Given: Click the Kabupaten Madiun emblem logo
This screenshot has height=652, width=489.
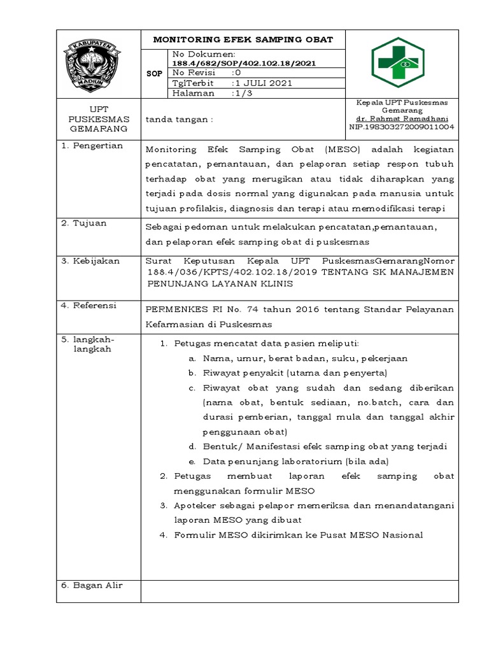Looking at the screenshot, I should click(x=98, y=64).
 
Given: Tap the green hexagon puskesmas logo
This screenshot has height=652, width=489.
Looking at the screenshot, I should click(x=401, y=64).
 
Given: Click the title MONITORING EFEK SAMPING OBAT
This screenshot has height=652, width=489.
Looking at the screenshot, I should click(x=243, y=39).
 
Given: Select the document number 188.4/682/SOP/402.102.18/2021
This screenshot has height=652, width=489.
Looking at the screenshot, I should click(x=244, y=63).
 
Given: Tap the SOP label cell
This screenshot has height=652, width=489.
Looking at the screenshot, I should click(x=154, y=74).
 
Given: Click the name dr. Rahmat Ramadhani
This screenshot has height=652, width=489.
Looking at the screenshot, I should click(x=402, y=118).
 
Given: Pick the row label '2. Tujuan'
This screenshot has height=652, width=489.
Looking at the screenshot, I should click(x=79, y=223).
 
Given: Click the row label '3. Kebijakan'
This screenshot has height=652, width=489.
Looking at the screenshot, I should click(x=85, y=260).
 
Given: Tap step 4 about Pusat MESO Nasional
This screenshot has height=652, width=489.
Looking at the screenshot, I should click(x=291, y=535).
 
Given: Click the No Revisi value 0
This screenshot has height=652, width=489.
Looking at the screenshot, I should click(x=237, y=73).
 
